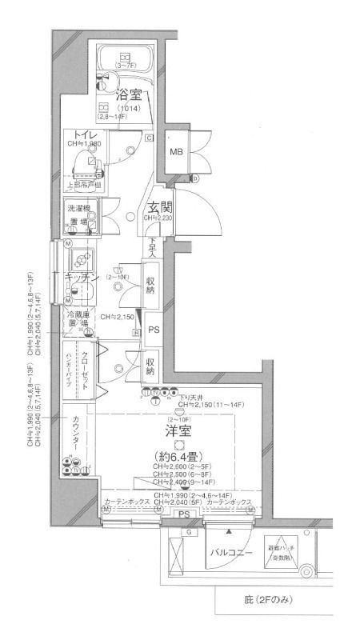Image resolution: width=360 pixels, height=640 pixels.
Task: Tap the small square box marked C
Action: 150,138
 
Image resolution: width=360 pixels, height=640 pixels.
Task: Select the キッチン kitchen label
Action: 82,277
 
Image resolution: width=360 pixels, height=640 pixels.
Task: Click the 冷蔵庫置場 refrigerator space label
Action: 78,320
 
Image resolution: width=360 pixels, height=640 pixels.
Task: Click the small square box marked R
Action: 137,333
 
